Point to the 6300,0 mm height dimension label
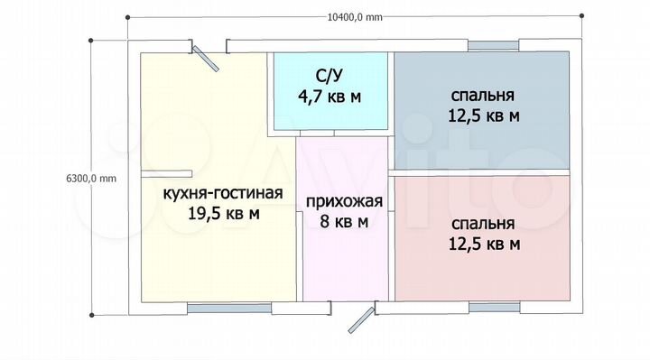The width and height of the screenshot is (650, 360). point(92,178)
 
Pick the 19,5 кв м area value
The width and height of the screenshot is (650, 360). point(223,214)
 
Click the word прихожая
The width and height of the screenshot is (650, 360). point(345,201)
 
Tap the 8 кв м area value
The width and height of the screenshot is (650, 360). point(345,221)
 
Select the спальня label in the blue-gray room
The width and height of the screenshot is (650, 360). point(483,95)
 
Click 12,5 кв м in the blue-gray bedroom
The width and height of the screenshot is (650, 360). point(483,115)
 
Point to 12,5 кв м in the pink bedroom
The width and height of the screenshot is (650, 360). point(483,244)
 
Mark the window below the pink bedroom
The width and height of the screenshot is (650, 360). point(493,308)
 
